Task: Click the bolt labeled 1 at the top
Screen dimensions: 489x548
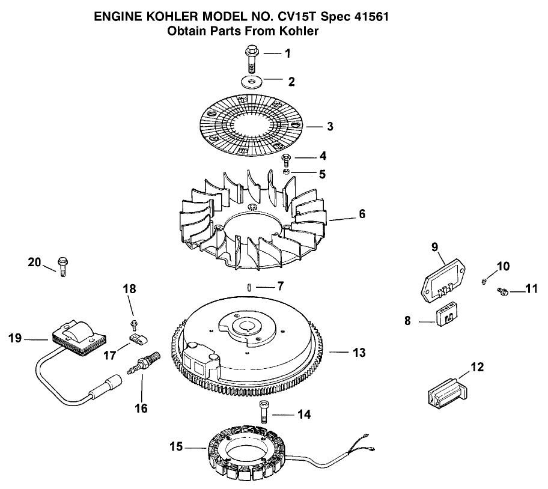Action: pos(251,58)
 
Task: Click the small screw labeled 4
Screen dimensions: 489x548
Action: pos(287,160)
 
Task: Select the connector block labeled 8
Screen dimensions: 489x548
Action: pos(445,317)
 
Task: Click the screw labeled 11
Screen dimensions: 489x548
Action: pos(504,291)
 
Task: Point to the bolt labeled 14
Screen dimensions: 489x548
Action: pos(263,412)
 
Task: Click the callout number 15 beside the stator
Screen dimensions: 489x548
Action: pos(176,446)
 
